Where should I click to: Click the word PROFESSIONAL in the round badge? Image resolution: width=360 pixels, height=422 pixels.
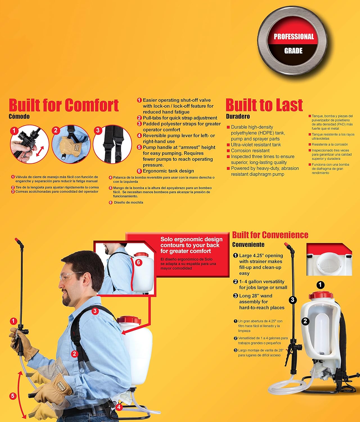[294, 37]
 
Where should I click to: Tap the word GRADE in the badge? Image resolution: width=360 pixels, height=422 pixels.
[293, 51]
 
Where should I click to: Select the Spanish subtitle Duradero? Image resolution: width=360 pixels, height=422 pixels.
[238, 116]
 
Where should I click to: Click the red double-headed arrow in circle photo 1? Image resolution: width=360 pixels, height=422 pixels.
[40, 151]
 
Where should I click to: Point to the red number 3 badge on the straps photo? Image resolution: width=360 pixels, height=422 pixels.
[98, 130]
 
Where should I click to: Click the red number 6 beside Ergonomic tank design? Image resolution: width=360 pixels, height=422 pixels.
[139, 171]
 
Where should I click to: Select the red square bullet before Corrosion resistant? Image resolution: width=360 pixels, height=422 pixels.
[228, 151]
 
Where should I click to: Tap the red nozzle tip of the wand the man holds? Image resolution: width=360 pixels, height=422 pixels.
[17, 239]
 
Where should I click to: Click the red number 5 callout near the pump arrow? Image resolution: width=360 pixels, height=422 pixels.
[13, 396]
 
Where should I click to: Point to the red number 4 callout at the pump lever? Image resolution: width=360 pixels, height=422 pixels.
[119, 407]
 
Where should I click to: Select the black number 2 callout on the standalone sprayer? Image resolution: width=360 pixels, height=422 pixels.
[305, 321]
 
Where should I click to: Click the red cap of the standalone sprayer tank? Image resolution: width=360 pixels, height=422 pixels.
[321, 295]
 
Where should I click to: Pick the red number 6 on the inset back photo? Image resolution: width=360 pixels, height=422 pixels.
[139, 262]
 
